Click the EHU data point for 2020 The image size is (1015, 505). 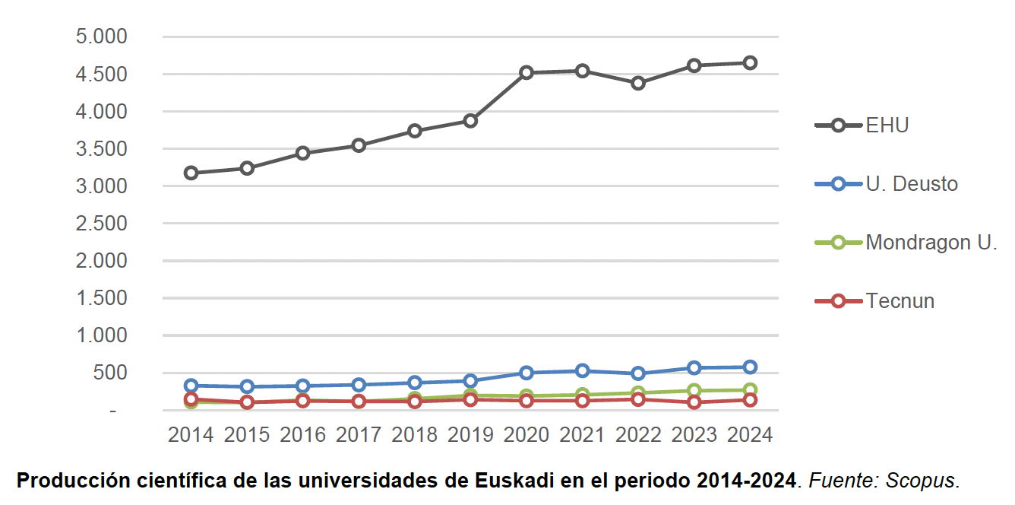pos(526,73)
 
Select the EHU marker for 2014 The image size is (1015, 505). pos(191,173)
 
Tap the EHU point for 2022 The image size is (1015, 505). pos(638,83)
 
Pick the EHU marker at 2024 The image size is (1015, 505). pos(750,63)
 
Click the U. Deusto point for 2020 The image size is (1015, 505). pos(526,373)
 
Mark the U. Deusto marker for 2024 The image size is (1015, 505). pos(750,367)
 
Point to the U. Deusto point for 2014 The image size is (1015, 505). pos(191,386)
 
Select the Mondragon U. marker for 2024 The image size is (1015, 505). pos(750,390)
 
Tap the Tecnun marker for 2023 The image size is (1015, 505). pos(694,402)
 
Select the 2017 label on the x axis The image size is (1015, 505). pos(359,435)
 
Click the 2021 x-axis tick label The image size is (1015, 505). pos(582,435)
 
